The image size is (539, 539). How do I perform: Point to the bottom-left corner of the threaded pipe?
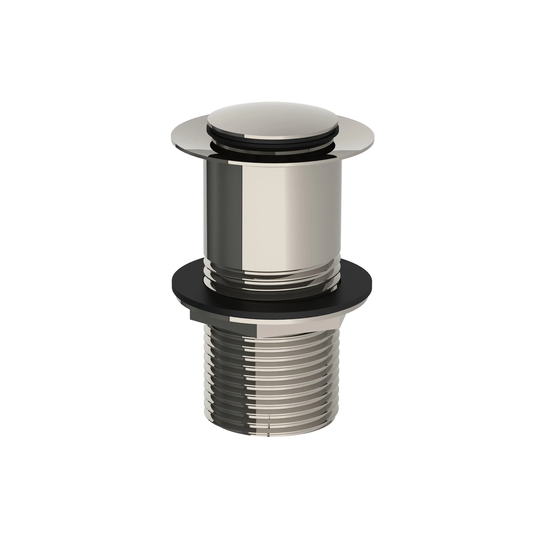pos(207,425)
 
